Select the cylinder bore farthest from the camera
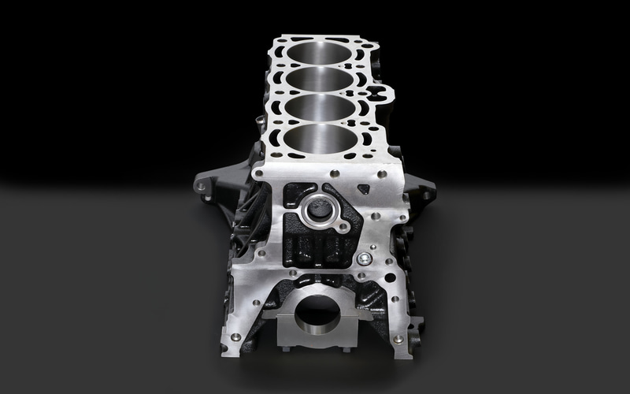click(x=320, y=53)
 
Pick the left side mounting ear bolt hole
click(x=201, y=187)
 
